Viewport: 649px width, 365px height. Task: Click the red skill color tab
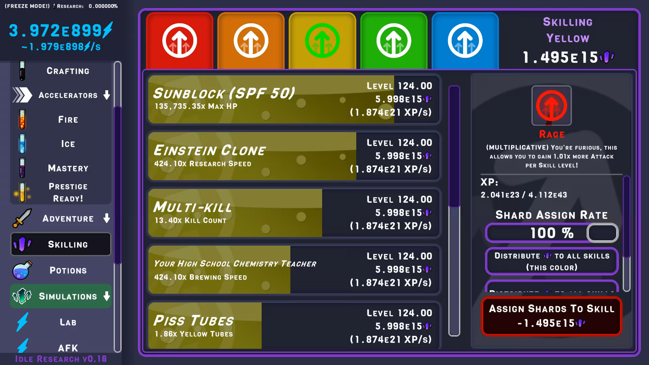click(x=179, y=41)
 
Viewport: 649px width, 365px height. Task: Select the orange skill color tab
click(x=251, y=41)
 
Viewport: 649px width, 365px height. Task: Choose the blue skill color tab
click(x=465, y=41)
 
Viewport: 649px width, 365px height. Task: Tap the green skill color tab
click(x=394, y=41)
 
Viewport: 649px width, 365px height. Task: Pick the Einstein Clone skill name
click(x=210, y=150)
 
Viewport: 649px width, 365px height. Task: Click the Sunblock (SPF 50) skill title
click(x=224, y=93)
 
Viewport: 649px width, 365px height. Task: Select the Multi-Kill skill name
click(x=193, y=207)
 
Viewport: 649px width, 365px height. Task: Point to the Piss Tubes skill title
click(x=194, y=321)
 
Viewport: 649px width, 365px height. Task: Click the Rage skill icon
click(x=551, y=105)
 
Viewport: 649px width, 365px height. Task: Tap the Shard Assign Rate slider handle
click(x=602, y=233)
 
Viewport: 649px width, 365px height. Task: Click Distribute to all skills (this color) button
click(x=552, y=261)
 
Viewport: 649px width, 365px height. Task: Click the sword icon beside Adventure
click(x=22, y=218)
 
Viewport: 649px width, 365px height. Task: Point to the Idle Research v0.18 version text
click(x=61, y=359)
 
